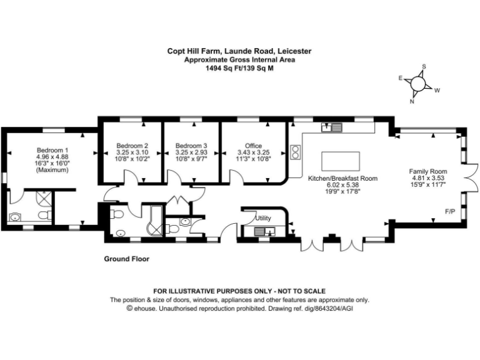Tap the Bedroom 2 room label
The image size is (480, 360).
pos(132,146)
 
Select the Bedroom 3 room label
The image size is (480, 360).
pos(191,146)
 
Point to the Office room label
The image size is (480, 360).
pos(253,146)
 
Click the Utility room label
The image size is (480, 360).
pos(263,218)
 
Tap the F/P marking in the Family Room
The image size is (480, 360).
pos(449,212)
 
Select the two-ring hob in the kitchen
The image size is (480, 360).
pos(294,152)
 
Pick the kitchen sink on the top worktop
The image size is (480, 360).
pos(331,128)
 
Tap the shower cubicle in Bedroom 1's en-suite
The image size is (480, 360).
pos(44,198)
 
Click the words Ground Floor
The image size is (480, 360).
pos(126,258)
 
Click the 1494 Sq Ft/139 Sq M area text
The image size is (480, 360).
pos(239,69)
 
